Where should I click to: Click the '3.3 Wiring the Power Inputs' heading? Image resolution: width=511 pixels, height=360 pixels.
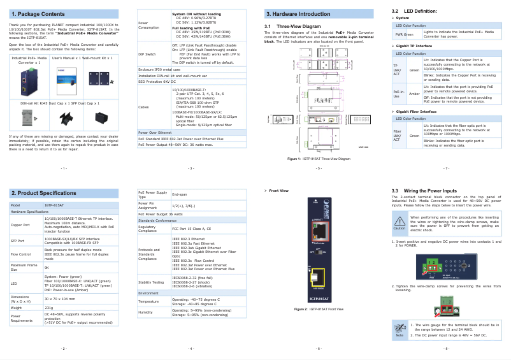tap(424, 191)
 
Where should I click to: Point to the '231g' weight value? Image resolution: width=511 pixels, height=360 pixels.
tap(48, 307)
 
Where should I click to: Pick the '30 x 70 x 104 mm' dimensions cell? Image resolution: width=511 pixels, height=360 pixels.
tap(62, 298)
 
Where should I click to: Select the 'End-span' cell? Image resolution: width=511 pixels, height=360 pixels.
tap(180, 194)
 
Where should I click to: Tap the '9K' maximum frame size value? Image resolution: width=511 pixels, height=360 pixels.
tap(47, 267)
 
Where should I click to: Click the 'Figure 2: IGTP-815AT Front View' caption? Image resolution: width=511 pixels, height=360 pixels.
tap(319, 309)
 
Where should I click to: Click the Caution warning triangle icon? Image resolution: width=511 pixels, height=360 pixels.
tap(399, 222)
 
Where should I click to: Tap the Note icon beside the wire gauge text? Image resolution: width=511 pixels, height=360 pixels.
tap(399, 329)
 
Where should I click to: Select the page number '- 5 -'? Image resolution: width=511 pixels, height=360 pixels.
tap(319, 168)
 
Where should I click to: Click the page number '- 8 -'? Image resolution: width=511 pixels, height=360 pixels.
tap(446, 349)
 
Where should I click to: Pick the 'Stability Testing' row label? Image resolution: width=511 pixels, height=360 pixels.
tap(152, 280)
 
